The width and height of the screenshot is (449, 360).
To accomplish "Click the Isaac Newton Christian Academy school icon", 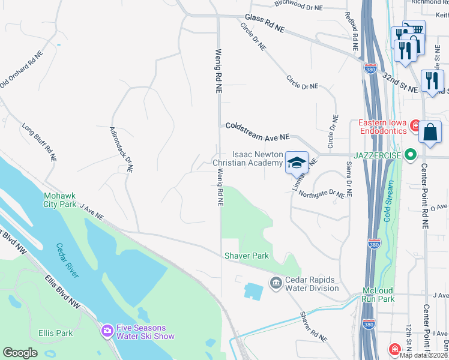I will pos(296,163).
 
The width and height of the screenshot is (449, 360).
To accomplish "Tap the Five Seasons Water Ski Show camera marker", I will pos(107,330).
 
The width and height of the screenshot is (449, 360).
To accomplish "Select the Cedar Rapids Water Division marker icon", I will pos(276,282).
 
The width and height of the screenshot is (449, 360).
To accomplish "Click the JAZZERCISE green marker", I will pos(411,155).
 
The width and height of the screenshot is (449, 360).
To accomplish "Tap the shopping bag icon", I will pos(431,133).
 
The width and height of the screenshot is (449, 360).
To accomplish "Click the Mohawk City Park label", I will pos(60,200).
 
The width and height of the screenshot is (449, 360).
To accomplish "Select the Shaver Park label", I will pos(246,256).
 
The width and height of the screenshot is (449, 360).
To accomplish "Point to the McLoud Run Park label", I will pos(378,294).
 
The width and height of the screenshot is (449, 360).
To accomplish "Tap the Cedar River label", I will pos(67,260).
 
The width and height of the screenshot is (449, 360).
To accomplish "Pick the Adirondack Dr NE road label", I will pos(121,149).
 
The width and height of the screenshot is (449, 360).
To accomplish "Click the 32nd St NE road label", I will pos(400,82).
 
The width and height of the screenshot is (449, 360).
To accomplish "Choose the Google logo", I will pos(20,353).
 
